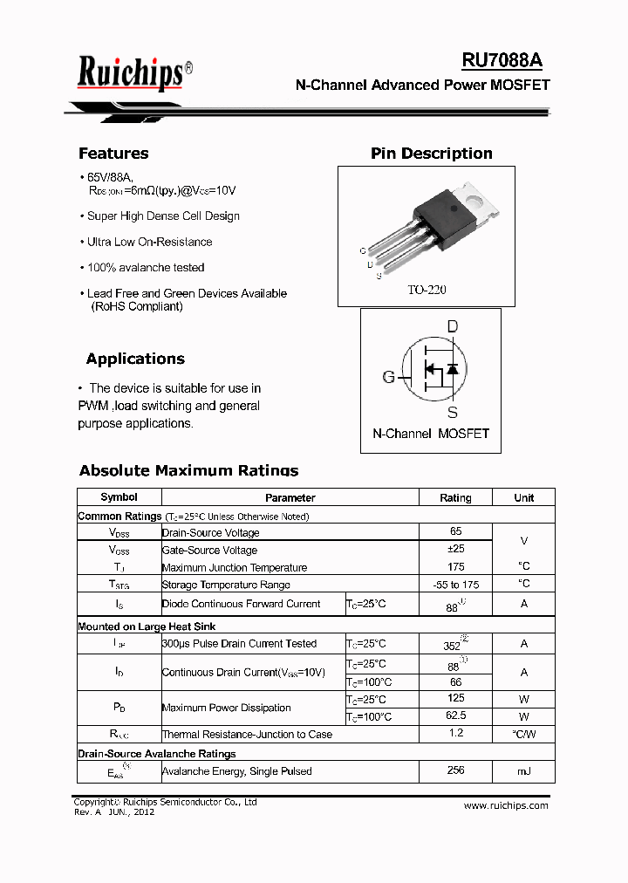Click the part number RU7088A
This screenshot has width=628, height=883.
pos(502,60)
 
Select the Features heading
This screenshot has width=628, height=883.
pos(113,154)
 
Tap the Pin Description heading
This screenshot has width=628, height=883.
pos(431,154)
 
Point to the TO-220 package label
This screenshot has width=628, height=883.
pos(427,290)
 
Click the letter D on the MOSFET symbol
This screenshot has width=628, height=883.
pos(452,327)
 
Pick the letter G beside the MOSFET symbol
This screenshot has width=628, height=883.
pos(388,377)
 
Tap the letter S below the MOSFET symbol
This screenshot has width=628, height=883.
pos(452,413)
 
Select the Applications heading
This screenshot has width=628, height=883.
pos(135,359)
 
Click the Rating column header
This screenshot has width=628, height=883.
pos(455,497)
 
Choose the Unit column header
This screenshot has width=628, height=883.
pos(523,497)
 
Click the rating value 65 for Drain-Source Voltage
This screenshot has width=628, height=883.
pos(455,531)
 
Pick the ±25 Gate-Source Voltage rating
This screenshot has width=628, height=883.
pos(455,550)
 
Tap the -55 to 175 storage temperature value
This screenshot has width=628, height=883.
pos(455,585)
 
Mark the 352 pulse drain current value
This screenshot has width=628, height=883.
pos(453,645)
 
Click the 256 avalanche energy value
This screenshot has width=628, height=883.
pos(455,770)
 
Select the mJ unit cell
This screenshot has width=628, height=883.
pos(523,771)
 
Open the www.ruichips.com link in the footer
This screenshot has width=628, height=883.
pos(505,805)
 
